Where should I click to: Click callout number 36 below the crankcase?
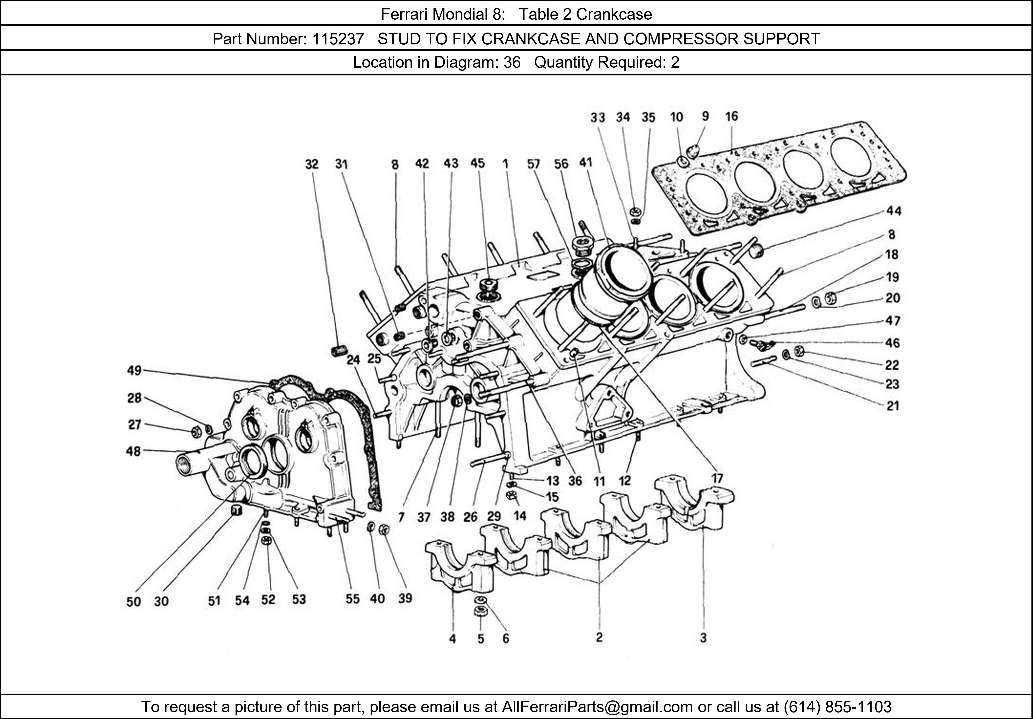(x=575, y=481)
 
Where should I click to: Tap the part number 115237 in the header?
(x=338, y=39)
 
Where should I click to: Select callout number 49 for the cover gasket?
(x=134, y=370)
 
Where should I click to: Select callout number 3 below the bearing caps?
(x=703, y=638)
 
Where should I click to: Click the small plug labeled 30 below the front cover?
(x=237, y=510)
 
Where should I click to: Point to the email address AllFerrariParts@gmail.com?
(x=597, y=707)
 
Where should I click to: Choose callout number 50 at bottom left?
(x=134, y=601)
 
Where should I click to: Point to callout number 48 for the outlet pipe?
(x=134, y=451)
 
